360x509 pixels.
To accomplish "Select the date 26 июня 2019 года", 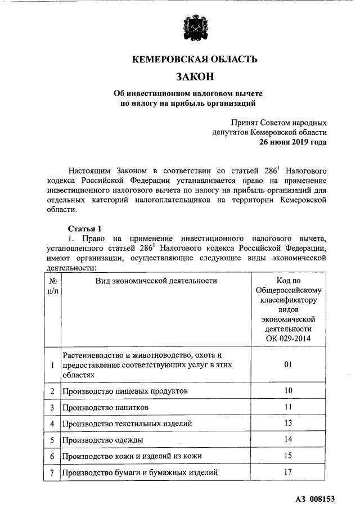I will coord(292,142).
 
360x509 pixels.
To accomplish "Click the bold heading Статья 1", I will coord(85,228).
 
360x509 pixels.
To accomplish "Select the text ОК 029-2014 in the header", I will coord(288,338).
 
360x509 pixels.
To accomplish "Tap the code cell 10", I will coord(288,390).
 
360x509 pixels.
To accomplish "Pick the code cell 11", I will coord(288,407).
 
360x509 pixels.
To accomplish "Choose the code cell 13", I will coord(288,423).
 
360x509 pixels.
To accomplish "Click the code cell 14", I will coord(288,439).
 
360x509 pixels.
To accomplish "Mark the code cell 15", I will coord(288,456).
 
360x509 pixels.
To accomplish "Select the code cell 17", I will coord(288,472).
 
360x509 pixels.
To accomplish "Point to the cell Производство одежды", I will coord(103,439).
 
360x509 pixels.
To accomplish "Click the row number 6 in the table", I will coord(52,456).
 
